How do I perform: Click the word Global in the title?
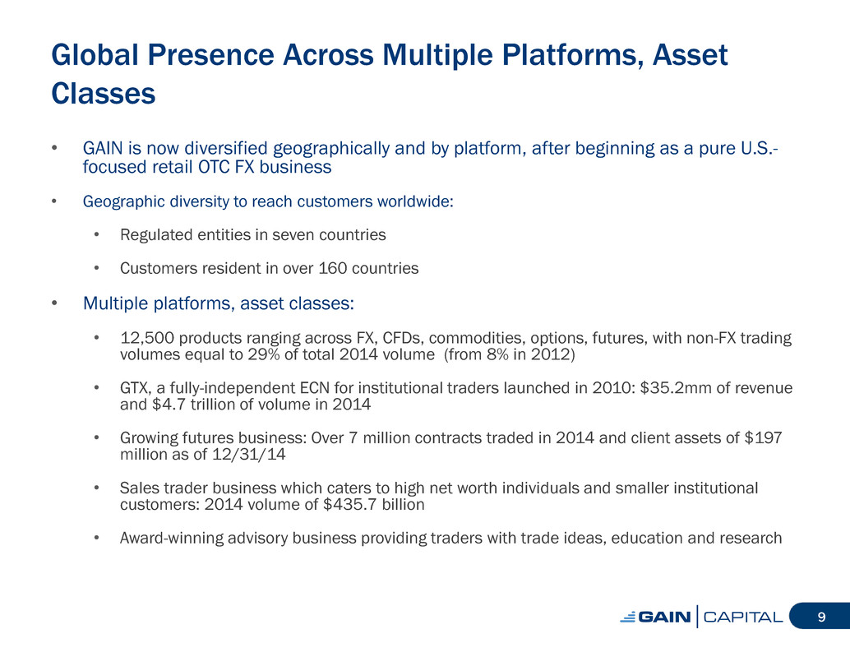click(x=95, y=55)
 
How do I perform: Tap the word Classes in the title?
click(x=104, y=93)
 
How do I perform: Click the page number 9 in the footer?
click(x=821, y=617)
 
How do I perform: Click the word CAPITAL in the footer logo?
click(x=743, y=617)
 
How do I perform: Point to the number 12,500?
click(x=147, y=338)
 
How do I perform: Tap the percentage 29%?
click(x=264, y=354)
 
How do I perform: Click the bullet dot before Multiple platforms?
click(x=54, y=303)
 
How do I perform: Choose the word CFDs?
click(x=404, y=338)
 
